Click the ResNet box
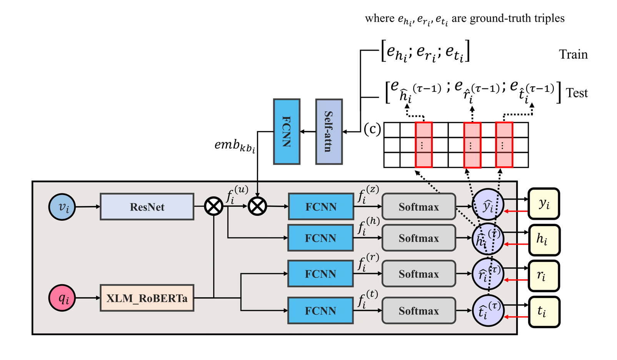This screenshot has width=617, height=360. click(x=147, y=207)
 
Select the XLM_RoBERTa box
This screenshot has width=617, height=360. click(x=147, y=298)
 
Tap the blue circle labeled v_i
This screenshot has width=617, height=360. click(x=62, y=207)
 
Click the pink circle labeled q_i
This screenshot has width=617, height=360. click(x=62, y=298)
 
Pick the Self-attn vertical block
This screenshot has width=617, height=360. click(x=329, y=132)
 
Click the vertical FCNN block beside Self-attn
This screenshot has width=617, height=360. click(x=287, y=132)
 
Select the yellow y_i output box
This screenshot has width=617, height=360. click(x=544, y=203)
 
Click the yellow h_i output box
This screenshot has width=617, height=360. click(x=544, y=240)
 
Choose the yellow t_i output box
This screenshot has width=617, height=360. click(x=544, y=312)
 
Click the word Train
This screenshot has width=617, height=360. click(x=573, y=55)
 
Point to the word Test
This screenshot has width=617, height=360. click(x=577, y=93)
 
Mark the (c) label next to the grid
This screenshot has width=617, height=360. click(x=372, y=129)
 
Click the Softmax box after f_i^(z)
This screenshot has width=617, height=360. click(x=419, y=207)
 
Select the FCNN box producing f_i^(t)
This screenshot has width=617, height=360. click(x=320, y=310)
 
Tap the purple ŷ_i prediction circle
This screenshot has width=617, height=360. click(x=488, y=206)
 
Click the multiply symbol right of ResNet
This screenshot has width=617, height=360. click(x=213, y=206)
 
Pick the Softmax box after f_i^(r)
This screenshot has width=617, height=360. click(x=419, y=274)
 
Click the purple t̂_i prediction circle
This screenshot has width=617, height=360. click(x=488, y=311)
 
